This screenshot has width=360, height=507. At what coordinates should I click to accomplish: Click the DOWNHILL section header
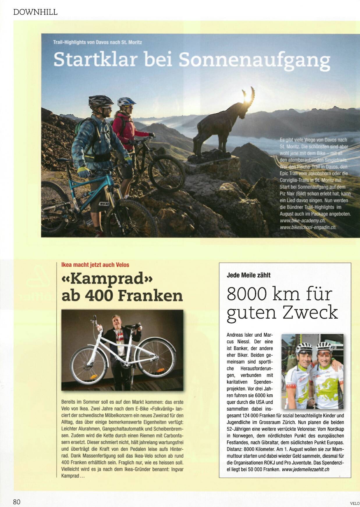point(35,12)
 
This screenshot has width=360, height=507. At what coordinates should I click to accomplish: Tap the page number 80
point(17,502)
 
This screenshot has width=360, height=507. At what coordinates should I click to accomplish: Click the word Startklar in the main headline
point(95,60)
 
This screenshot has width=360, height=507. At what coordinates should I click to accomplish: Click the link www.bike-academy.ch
point(303,221)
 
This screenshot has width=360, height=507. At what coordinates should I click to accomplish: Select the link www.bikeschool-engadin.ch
point(308,227)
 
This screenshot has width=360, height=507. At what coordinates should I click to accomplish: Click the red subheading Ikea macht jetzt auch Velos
point(95,265)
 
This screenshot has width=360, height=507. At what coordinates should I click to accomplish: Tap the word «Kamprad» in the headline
point(107,279)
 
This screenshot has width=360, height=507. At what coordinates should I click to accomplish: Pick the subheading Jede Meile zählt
point(249,275)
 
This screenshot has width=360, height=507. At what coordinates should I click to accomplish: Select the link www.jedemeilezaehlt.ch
point(306,469)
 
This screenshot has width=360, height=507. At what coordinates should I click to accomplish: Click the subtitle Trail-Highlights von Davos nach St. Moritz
point(97,42)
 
